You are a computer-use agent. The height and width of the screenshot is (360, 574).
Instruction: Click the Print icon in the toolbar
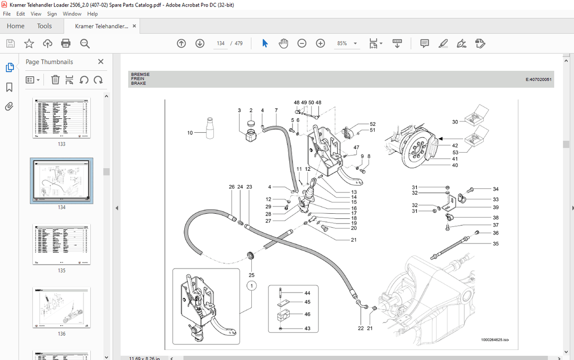pos(66,43)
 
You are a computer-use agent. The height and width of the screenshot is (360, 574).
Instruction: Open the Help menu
pos(93,14)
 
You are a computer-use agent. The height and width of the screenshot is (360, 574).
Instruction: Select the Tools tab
pos(44,26)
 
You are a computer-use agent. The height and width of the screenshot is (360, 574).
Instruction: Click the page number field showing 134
pos(221,43)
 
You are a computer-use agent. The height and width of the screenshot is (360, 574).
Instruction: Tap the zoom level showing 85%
pos(342,43)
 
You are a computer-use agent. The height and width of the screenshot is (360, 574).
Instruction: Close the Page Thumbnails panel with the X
pos(101,62)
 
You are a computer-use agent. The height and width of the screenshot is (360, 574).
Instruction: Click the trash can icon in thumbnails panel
pos(55,80)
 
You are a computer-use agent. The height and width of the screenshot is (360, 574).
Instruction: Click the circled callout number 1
pos(251,286)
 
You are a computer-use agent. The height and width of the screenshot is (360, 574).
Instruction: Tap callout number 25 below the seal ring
pos(251,275)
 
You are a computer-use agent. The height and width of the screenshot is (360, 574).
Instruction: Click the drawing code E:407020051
pos(538,80)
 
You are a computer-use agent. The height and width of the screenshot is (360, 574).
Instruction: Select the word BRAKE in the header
pos(138,83)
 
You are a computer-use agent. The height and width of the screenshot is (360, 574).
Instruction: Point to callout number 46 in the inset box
pos(307,314)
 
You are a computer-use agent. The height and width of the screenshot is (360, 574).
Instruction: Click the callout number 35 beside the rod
pos(495,243)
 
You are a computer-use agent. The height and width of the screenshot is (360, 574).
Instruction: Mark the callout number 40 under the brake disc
pos(455,165)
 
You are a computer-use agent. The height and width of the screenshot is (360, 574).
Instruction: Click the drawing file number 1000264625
pos(493,340)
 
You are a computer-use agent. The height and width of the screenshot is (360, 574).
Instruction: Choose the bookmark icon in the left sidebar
pos(9,87)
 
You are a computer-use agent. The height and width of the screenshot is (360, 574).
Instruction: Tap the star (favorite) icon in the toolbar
pos(29,43)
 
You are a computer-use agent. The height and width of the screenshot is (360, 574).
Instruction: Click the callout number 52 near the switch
pos(373,124)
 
